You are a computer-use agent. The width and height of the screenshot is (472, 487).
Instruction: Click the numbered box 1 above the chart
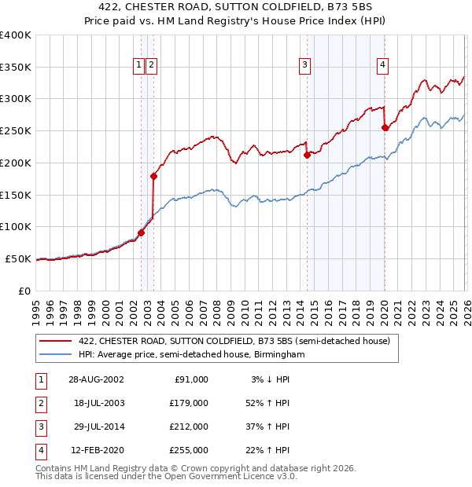click(138, 65)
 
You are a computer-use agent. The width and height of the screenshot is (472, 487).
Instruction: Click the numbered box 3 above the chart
click(304, 65)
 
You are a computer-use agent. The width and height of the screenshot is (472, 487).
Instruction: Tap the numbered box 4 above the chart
click(382, 65)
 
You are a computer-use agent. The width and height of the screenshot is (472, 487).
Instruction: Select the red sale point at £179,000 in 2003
click(154, 176)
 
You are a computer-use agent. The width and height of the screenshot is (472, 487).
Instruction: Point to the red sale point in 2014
click(307, 156)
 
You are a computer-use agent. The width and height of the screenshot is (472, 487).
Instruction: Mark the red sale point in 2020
click(385, 128)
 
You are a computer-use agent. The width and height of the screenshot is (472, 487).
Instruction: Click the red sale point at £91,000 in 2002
click(142, 233)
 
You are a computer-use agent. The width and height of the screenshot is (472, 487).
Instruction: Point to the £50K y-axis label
click(18, 258)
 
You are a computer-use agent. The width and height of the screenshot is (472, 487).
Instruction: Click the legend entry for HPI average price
click(191, 355)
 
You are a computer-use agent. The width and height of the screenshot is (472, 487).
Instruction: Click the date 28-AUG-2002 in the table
click(96, 379)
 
